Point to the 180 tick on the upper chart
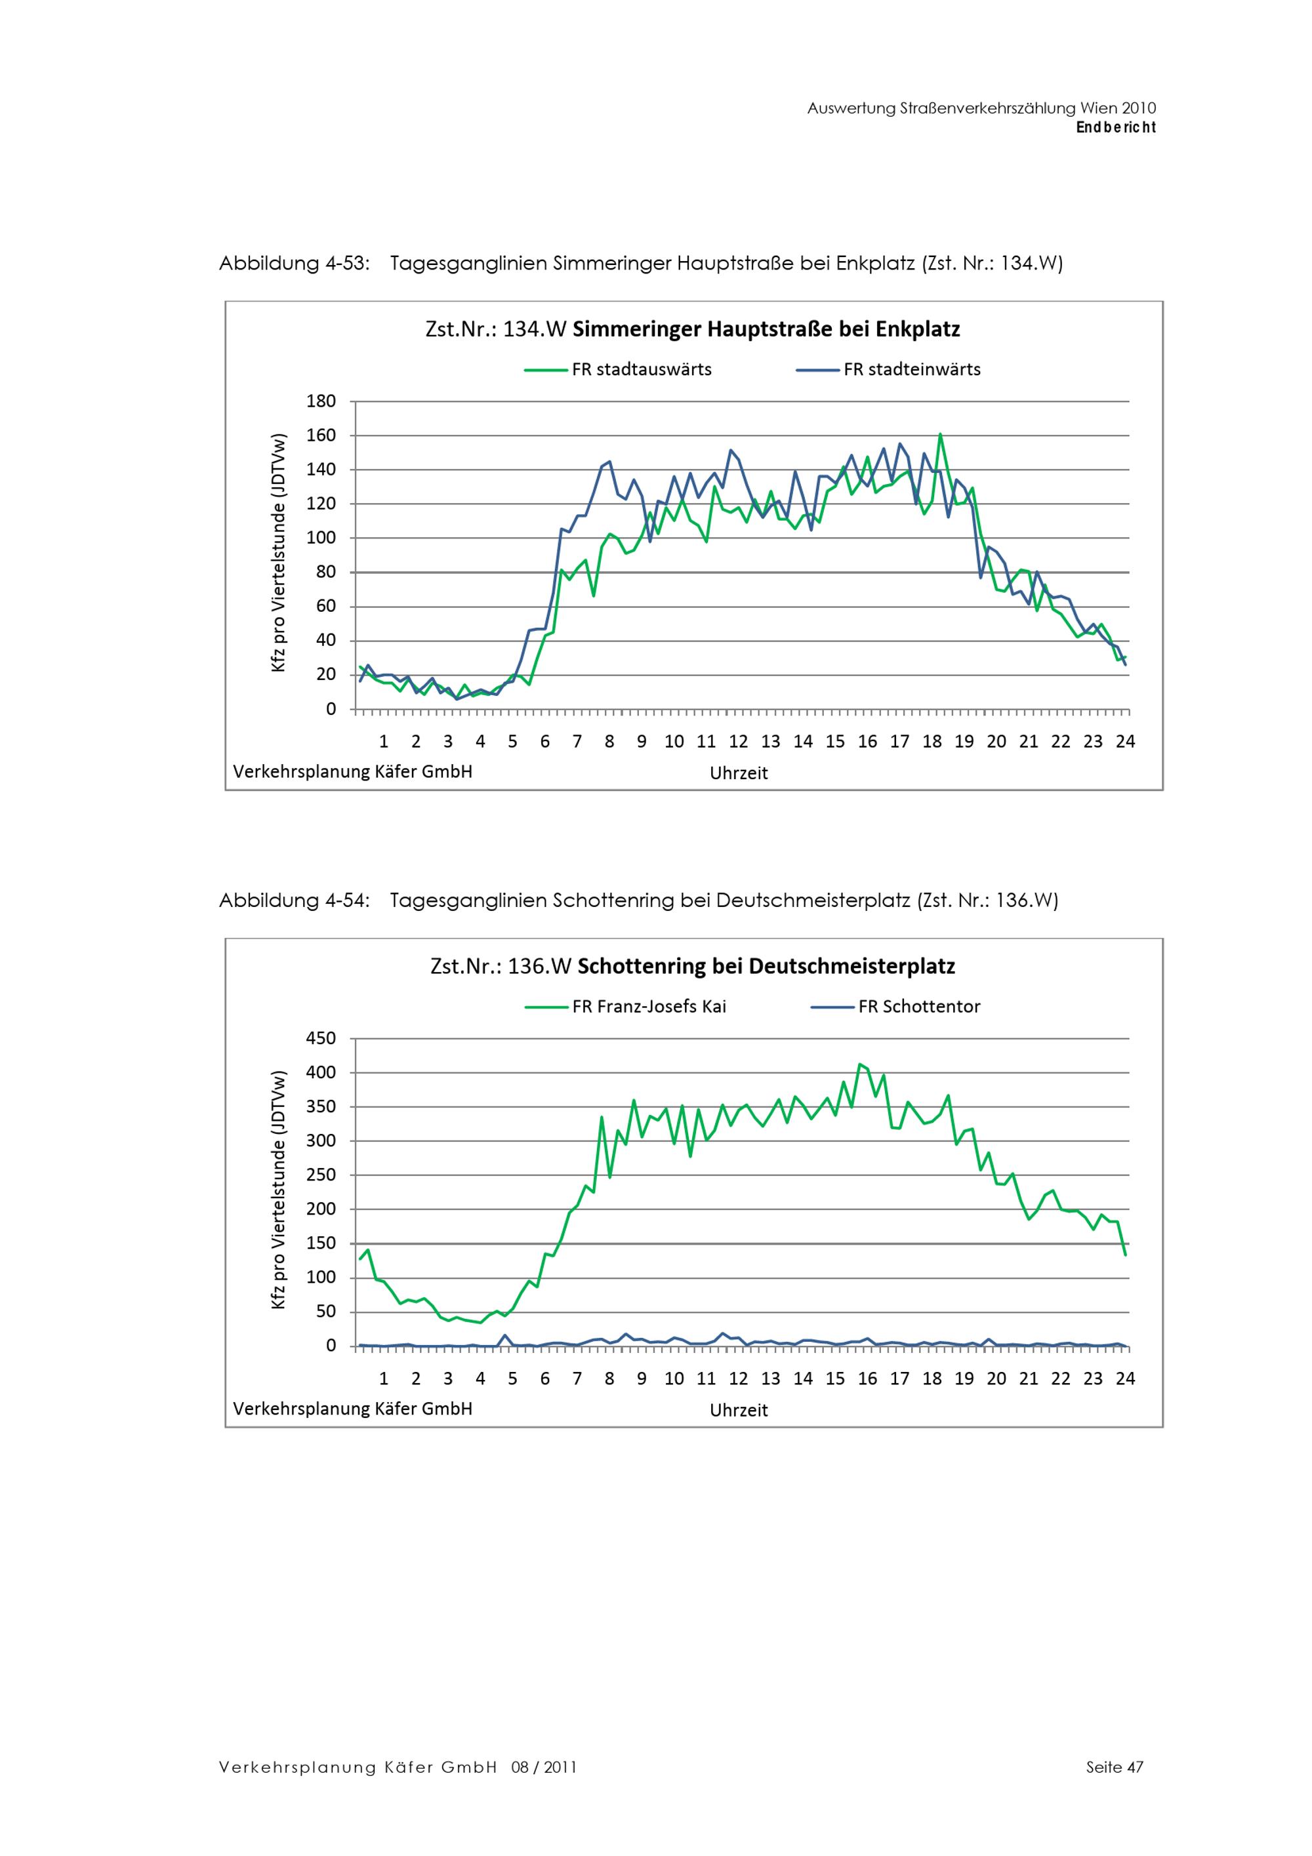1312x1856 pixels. pos(321,401)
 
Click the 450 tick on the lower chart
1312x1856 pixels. pos(321,1038)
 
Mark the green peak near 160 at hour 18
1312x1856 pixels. pos(939,434)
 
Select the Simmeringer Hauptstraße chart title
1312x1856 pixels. pos(692,330)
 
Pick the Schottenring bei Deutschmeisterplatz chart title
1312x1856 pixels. pos(693,967)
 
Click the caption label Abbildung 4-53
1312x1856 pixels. pos(295,264)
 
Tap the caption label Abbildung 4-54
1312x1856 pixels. pos(295,900)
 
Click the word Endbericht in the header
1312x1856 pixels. pos(1116,128)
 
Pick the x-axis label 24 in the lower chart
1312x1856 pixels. pos(1124,1379)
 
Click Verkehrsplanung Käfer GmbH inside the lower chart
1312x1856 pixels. pos(352,1409)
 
